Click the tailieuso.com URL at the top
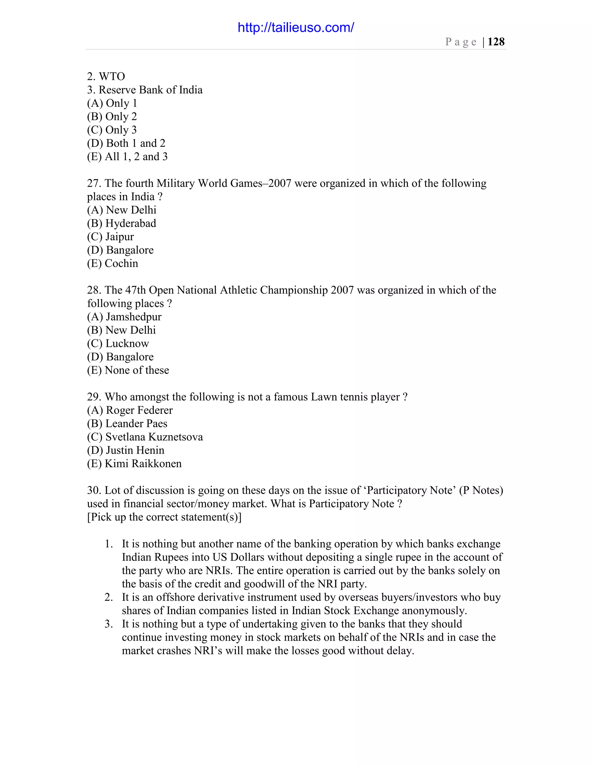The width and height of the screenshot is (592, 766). [x=296, y=27]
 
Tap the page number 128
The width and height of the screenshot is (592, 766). [x=496, y=42]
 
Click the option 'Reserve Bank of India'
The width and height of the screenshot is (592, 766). [x=150, y=90]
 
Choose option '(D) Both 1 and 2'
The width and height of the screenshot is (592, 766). [x=126, y=143]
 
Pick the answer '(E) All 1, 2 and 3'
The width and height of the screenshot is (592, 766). [x=127, y=156]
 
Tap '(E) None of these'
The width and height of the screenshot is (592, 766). [x=128, y=370]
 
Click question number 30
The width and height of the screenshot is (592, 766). [x=94, y=490]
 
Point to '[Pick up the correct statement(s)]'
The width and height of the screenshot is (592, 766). [x=164, y=517]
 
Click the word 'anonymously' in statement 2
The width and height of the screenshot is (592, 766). [x=434, y=610]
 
